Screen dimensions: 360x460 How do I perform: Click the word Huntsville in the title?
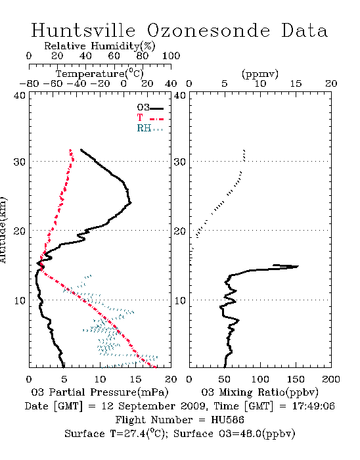coord(83,30)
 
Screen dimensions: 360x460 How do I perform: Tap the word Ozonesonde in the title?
coord(208,30)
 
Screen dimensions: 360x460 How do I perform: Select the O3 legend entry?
coord(150,108)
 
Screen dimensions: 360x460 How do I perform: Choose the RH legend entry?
coord(150,128)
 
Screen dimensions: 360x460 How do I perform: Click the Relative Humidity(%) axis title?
coord(100,46)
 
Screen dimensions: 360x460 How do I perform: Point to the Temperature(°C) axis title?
coord(100,74)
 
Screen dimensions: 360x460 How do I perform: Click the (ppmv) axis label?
coord(260,74)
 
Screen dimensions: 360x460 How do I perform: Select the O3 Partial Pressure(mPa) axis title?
coord(100,392)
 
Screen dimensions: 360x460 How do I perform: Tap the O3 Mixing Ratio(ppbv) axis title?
coord(259,392)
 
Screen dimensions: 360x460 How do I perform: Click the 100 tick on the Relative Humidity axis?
coord(171,56)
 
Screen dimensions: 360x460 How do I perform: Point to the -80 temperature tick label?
coord(29,83)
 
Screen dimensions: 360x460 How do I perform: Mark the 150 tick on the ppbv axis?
coord(296,379)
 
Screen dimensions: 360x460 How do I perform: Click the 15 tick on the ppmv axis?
coord(296,83)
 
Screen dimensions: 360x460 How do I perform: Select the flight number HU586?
coord(227,420)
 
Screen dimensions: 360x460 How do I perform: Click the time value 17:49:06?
coord(313,406)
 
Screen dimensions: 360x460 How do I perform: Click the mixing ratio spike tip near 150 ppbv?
coord(298,266)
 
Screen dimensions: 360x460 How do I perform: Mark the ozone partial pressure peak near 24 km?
coord(131,202)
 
